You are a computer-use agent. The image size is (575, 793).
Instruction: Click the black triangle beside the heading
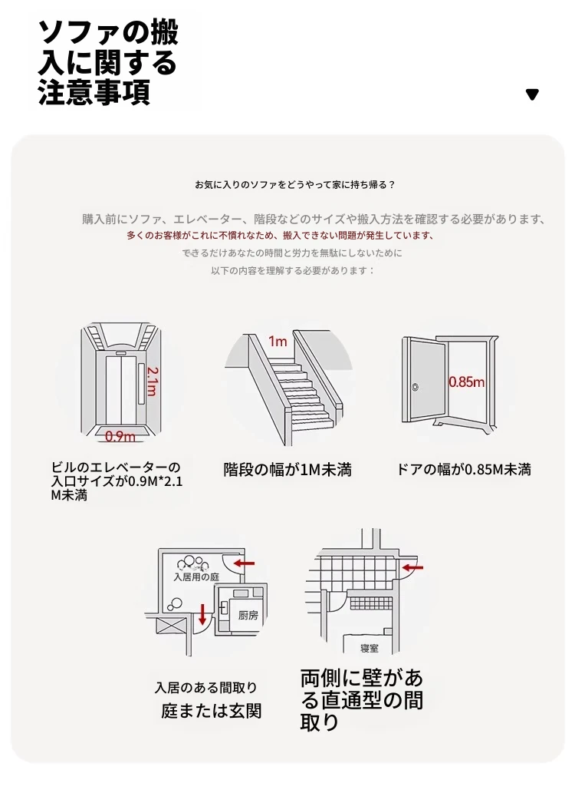coord(532,94)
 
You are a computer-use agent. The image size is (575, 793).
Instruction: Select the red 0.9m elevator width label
coord(120,436)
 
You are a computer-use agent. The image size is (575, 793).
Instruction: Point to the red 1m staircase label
coord(278,342)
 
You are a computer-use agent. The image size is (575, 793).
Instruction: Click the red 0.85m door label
coord(466,382)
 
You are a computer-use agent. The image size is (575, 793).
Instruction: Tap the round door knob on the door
coord(416,388)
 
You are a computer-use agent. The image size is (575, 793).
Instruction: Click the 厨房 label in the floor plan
coord(248,615)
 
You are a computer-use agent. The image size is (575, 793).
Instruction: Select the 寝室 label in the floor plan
coord(370,648)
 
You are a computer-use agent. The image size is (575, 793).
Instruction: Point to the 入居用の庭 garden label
coord(196,577)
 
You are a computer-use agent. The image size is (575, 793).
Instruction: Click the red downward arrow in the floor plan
coord(202,613)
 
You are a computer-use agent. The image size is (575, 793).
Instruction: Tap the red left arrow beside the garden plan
coord(245,563)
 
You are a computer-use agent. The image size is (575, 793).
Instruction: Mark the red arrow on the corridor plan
coord(412,567)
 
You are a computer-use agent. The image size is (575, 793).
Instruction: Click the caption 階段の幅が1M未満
coord(287,470)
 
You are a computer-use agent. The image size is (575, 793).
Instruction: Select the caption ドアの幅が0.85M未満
coord(463,470)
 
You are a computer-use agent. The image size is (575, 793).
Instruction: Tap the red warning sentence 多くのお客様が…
coord(281,235)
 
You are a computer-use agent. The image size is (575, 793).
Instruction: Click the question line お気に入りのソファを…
coord(295,184)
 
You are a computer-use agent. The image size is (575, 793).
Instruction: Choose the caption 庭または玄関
coord(211,711)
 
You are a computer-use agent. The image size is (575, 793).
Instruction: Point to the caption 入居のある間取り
coord(206,688)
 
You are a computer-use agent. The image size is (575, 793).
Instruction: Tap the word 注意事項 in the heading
coord(94,91)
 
